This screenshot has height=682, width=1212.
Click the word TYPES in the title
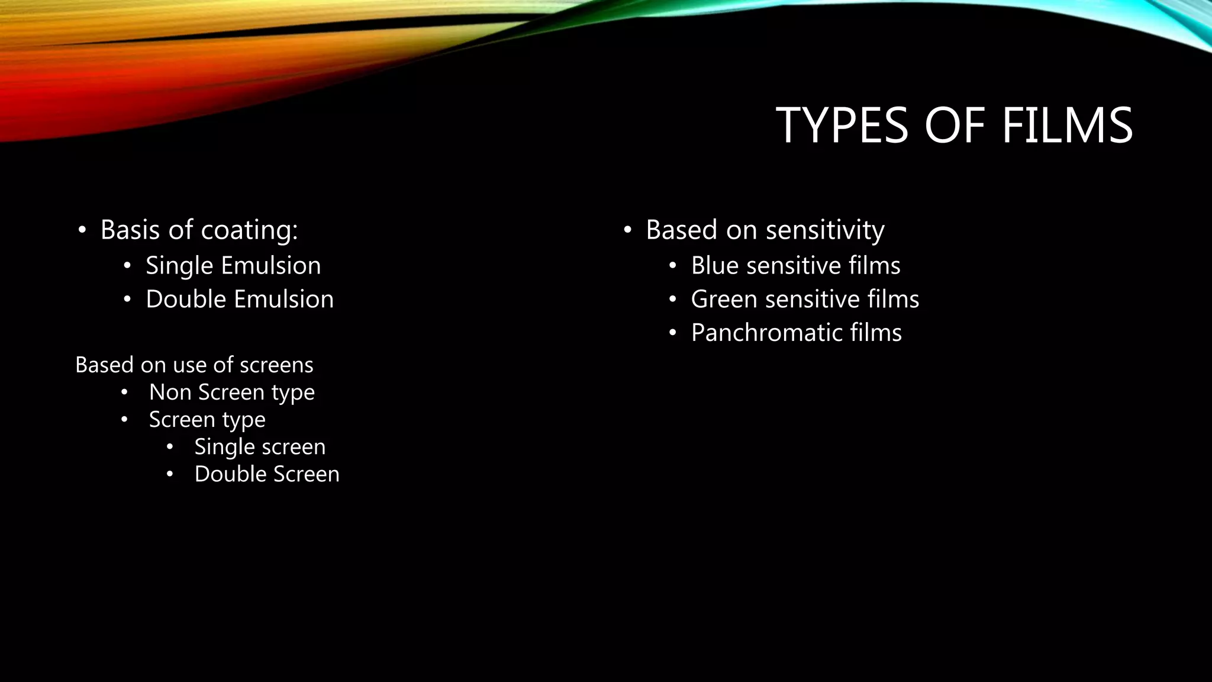(x=842, y=126)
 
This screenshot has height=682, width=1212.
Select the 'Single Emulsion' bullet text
(x=233, y=265)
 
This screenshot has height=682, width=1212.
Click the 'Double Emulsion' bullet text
(x=240, y=299)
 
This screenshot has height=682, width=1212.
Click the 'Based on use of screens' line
(x=194, y=365)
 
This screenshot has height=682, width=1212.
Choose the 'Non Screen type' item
(x=231, y=392)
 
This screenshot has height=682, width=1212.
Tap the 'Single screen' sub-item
(x=260, y=446)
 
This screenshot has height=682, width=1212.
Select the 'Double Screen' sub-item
(x=267, y=474)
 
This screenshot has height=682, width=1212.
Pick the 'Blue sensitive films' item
(x=795, y=265)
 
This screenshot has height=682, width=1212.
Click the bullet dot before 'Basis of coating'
(x=82, y=230)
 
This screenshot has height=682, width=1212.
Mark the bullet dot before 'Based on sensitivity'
(x=628, y=230)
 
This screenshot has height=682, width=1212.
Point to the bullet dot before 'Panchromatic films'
(x=672, y=333)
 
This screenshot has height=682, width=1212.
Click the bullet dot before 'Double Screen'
(x=170, y=474)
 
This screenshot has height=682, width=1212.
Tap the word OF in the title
(x=954, y=126)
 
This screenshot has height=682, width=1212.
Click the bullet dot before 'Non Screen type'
(x=124, y=393)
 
